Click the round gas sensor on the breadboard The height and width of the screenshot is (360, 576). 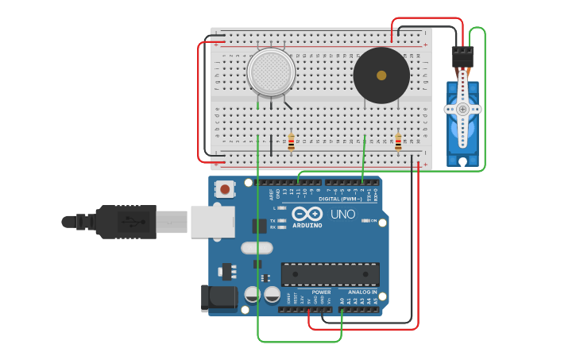(271, 72)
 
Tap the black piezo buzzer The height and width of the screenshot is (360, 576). (381, 75)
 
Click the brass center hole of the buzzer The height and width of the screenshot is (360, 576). (381, 75)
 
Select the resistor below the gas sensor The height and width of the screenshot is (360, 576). (292, 142)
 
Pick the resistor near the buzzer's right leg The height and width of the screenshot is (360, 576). (398, 142)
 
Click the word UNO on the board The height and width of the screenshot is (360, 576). (342, 215)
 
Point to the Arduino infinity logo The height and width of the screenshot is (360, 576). (307, 214)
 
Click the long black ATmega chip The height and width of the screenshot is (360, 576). (330, 274)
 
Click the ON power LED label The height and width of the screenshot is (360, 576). (373, 221)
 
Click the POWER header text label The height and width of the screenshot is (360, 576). (321, 292)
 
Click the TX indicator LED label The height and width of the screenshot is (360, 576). (273, 220)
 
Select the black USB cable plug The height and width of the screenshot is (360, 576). (119, 222)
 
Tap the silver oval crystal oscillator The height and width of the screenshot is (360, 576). (257, 248)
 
